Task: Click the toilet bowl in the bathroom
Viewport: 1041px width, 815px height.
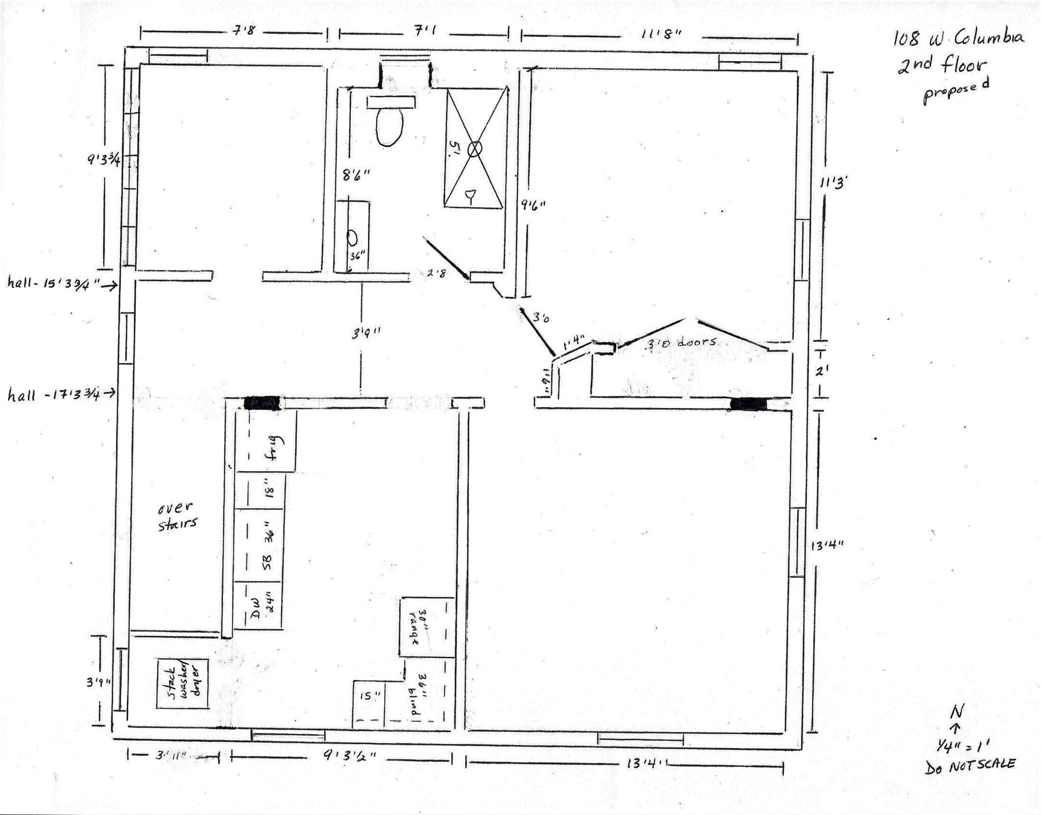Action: (389, 127)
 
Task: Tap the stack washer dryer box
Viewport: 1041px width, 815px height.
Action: (182, 683)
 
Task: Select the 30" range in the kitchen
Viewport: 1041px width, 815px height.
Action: (426, 627)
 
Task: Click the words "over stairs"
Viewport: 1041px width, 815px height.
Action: (177, 516)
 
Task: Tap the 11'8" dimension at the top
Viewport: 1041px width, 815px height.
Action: (661, 35)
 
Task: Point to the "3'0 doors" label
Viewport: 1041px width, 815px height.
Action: (681, 342)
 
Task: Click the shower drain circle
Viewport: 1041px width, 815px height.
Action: (474, 149)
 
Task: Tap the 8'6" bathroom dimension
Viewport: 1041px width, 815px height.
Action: (356, 176)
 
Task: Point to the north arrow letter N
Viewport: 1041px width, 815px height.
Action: (957, 712)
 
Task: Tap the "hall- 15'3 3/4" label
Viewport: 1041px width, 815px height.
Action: (53, 283)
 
